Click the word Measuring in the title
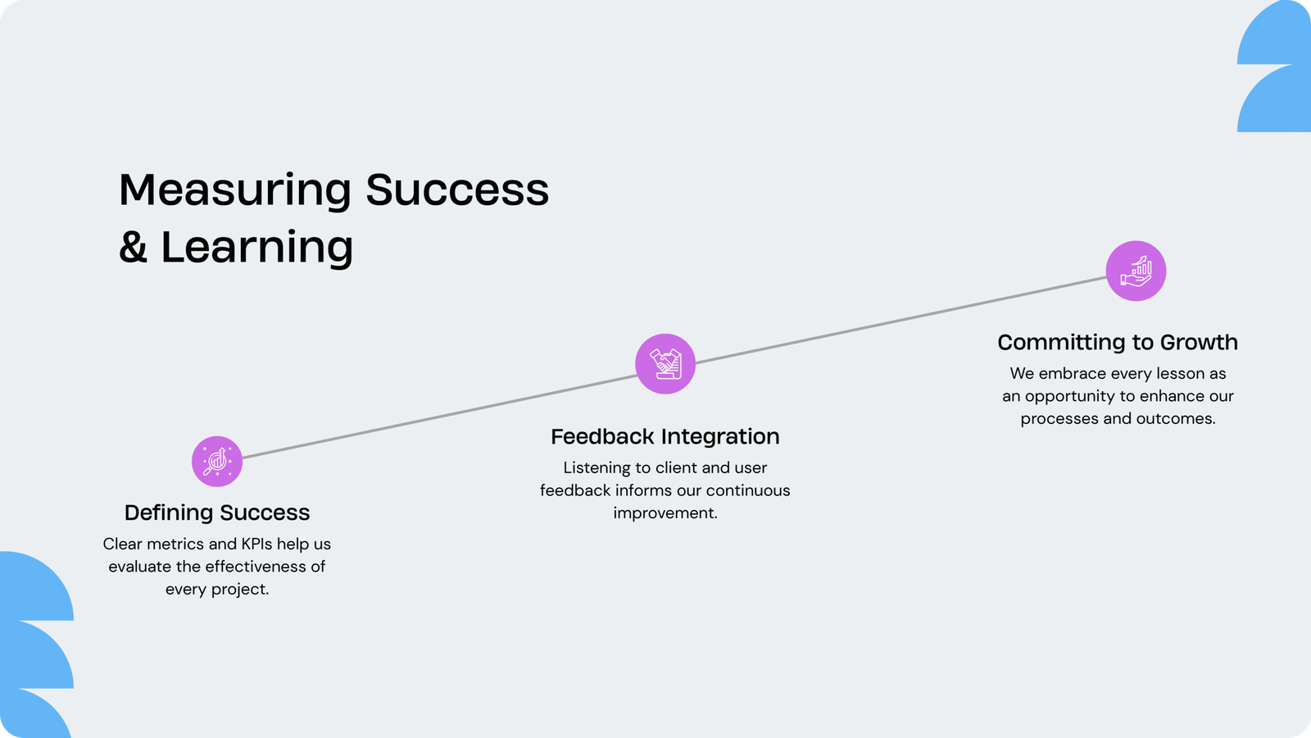[235, 190]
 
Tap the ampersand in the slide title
[133, 247]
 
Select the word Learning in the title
[256, 248]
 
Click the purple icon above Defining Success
[217, 462]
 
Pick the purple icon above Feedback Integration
[665, 364]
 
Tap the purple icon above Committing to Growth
[1136, 271]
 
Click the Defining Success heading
[217, 512]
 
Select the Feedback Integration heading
[665, 437]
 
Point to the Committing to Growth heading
[1118, 342]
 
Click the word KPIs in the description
[256, 544]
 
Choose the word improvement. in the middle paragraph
[665, 513]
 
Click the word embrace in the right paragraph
[1073, 374]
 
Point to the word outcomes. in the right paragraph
[1176, 419]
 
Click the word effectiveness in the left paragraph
[249, 567]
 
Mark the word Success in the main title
[457, 190]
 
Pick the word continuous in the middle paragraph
[748, 490]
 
